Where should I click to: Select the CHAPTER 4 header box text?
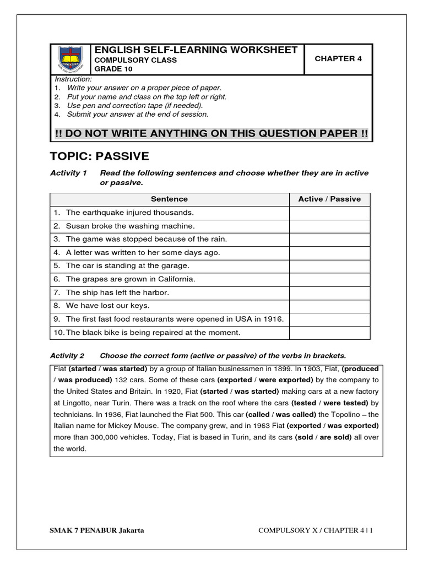[x=338, y=58]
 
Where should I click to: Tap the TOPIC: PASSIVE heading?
[x=99, y=156]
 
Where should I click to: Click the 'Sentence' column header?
[x=170, y=199]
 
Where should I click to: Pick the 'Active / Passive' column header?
[x=329, y=199]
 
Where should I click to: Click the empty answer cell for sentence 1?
[x=329, y=213]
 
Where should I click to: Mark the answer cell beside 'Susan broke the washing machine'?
[x=329, y=226]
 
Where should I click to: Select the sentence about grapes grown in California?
[x=131, y=279]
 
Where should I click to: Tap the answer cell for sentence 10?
[x=329, y=333]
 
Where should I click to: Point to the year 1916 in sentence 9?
[x=273, y=319]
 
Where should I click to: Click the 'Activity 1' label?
[x=68, y=173]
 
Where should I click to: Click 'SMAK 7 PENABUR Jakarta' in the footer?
[x=97, y=530]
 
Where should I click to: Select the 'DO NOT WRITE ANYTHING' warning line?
[x=211, y=134]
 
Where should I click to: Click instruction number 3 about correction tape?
[x=134, y=105]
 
